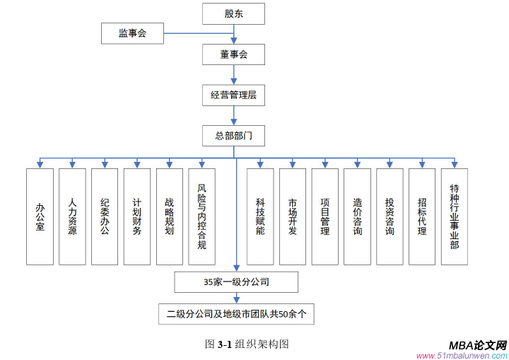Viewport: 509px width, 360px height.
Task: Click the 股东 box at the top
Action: tap(233, 13)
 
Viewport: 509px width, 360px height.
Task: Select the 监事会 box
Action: tap(132, 33)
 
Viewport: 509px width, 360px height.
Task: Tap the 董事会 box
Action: tap(233, 54)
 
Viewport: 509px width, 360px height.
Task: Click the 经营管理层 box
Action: tap(233, 94)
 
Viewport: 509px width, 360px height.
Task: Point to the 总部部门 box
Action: tap(233, 134)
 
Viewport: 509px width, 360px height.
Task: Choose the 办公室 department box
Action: tap(40, 216)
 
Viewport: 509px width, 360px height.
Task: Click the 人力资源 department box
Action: tap(72, 216)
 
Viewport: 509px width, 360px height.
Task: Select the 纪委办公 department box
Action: tap(105, 216)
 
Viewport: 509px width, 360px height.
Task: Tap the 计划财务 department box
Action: tap(137, 216)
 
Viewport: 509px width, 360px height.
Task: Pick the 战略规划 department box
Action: tap(170, 216)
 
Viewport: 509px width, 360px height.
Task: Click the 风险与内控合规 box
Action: tap(202, 216)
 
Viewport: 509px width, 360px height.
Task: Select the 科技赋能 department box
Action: tap(260, 216)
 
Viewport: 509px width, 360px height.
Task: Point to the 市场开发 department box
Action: tap(293, 216)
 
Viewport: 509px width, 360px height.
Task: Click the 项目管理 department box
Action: tap(325, 216)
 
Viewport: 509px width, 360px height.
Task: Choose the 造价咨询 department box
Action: tap(358, 216)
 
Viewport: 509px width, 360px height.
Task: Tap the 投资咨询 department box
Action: tap(390, 216)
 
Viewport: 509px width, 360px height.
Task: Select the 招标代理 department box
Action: tap(422, 216)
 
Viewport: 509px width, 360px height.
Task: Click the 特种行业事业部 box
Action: tap(455, 216)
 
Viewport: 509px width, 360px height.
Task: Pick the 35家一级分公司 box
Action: tap(235, 282)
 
